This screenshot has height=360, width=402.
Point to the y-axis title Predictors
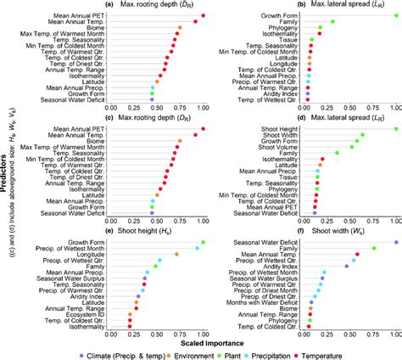tap(8, 177)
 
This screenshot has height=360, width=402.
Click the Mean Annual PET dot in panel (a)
tap(202, 14)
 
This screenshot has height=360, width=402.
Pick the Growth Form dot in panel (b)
tap(394, 14)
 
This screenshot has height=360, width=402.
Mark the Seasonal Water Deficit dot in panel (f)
tap(394, 243)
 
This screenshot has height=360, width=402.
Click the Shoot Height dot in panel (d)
tap(394, 129)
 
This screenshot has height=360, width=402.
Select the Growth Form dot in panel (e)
tap(202, 243)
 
